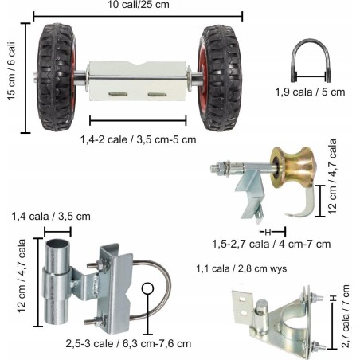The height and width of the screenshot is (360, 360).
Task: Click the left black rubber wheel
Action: [x=57, y=77]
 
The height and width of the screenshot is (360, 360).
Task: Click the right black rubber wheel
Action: [x=220, y=78]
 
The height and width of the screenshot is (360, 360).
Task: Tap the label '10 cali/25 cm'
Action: [x=139, y=5]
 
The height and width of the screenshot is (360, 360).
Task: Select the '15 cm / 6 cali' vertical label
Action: [x=11, y=71]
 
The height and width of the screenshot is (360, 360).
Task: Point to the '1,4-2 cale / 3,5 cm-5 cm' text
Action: [x=139, y=139]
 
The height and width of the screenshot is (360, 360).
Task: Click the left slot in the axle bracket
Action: [x=118, y=94]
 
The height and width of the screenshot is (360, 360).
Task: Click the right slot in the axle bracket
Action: [x=157, y=95]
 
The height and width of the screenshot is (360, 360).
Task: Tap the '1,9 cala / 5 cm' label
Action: [x=310, y=92]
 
